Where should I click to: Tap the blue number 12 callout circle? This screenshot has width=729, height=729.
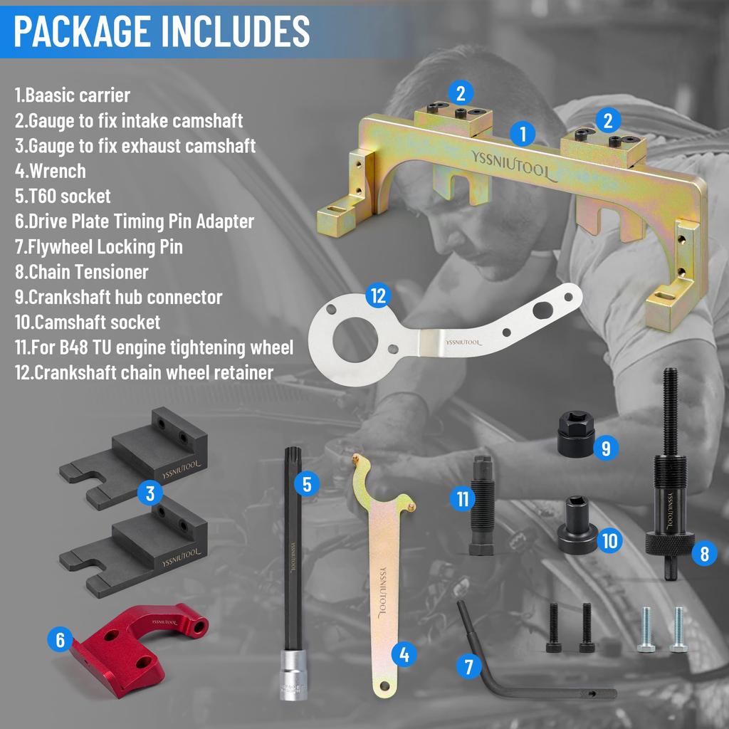[x=378, y=295]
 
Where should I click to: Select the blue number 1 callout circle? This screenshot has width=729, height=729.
[x=523, y=134]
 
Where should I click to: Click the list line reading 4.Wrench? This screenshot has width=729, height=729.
[x=51, y=171]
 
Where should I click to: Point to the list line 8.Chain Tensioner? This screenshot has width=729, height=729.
[x=81, y=272]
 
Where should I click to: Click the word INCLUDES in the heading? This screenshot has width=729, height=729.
[x=235, y=31]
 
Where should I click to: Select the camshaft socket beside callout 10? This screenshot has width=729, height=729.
[x=577, y=525]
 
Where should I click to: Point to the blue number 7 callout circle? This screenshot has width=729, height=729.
[x=468, y=666]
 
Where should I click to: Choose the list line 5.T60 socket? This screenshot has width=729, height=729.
[x=63, y=196]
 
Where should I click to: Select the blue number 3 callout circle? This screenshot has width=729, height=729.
[x=150, y=493]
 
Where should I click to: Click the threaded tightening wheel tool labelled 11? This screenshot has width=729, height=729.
[x=482, y=505]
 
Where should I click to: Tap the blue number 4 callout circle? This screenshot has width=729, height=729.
[x=404, y=654]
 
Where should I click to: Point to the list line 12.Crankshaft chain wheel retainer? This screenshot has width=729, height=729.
[x=144, y=372]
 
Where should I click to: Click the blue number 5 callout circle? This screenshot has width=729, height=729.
[x=307, y=483]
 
